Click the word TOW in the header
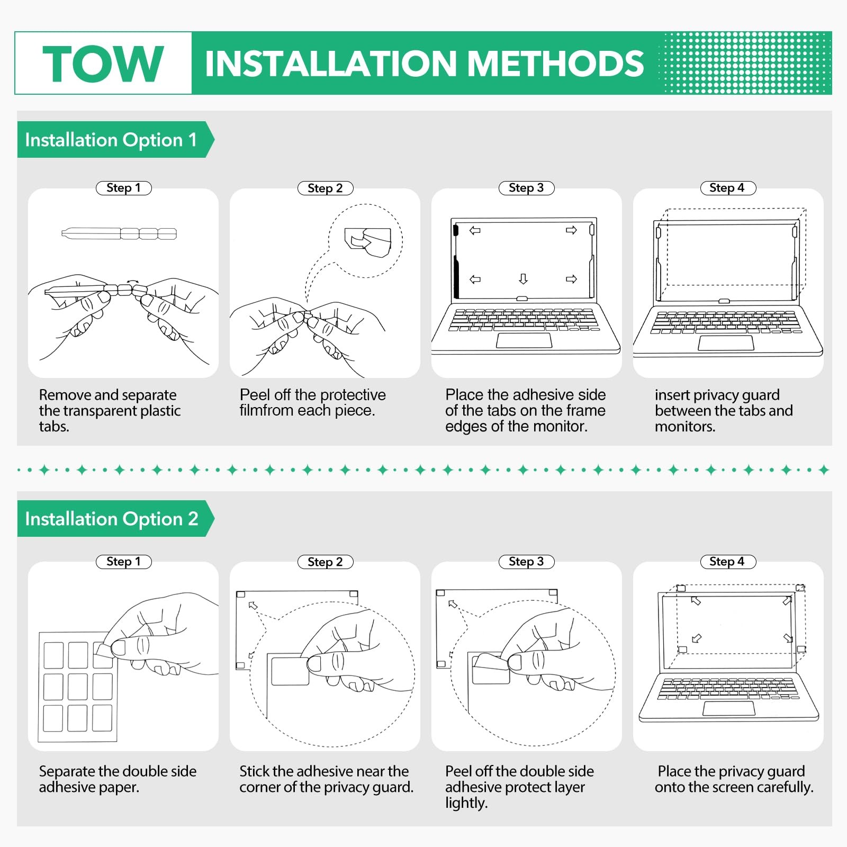tap(103, 64)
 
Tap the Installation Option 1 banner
tap(111, 140)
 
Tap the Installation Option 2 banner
tap(112, 519)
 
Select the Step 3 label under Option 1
tap(526, 188)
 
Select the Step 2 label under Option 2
tap(325, 562)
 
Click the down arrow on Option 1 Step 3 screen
tap(523, 279)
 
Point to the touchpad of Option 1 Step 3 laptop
tap(524, 340)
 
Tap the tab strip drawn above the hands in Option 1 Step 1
tap(119, 233)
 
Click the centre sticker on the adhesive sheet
tap(78, 687)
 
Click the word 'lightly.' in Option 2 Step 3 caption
tap(466, 803)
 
